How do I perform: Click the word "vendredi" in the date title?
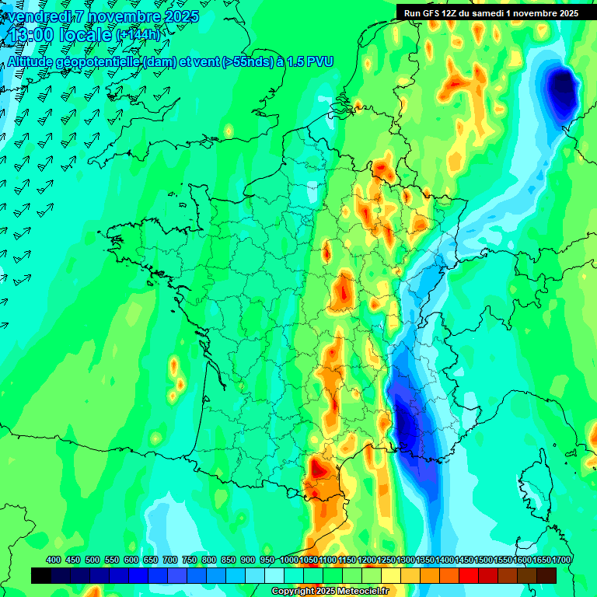pyautogui.click(x=39, y=16)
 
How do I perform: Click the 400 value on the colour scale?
pyautogui.click(x=53, y=560)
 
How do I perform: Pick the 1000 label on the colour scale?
pyautogui.click(x=289, y=560)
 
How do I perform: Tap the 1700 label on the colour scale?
pyautogui.click(x=561, y=560)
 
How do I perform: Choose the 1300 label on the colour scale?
pyautogui.click(x=406, y=560)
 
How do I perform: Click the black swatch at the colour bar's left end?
pyautogui.click(x=41, y=575)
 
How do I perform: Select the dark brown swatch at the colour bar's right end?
pyautogui.click(x=546, y=575)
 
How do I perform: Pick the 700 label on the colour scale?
pyautogui.click(x=169, y=560)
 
